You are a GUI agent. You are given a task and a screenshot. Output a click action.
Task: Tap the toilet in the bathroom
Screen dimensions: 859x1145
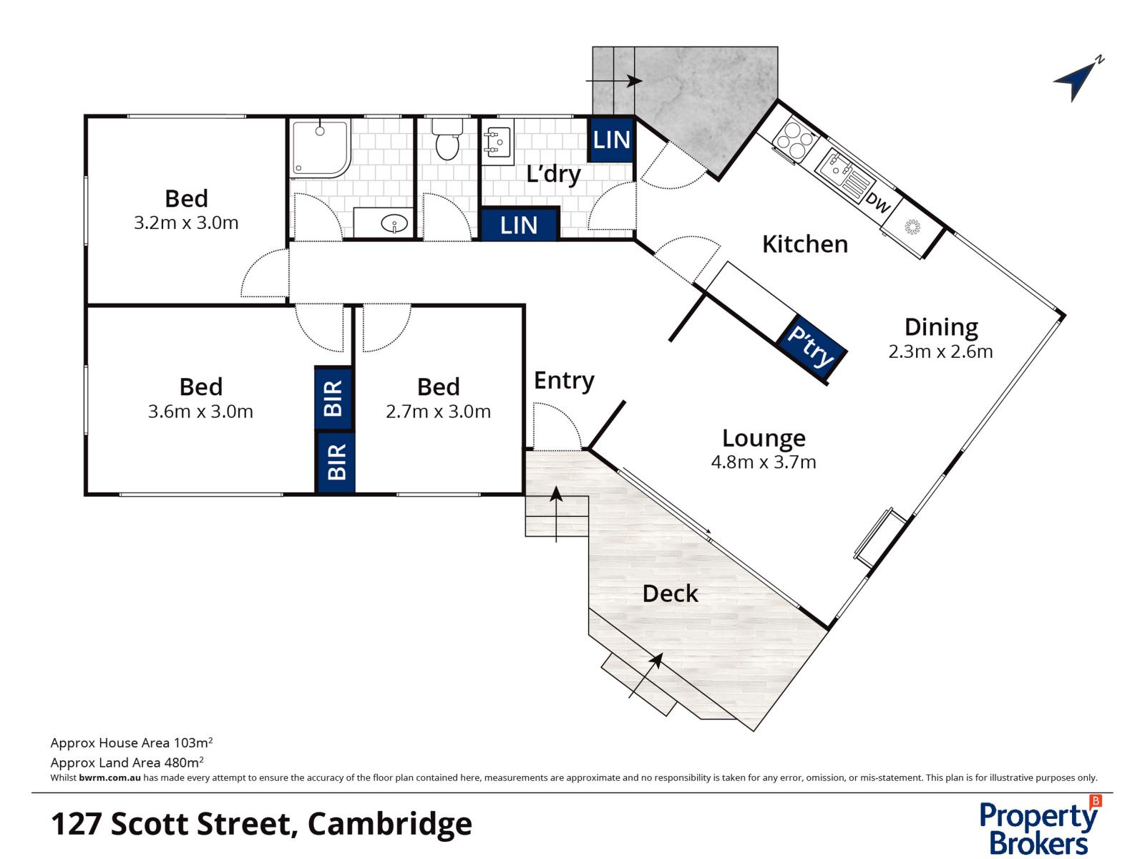pyautogui.click(x=447, y=140)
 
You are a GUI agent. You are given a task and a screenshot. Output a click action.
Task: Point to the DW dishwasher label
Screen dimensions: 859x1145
pyautogui.click(x=878, y=203)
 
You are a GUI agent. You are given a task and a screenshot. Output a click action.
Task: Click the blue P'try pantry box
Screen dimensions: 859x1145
pyautogui.click(x=812, y=346)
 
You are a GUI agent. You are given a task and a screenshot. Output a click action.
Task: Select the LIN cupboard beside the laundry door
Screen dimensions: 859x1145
pyautogui.click(x=611, y=140)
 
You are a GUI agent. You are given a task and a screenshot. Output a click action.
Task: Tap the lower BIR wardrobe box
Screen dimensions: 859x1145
pyautogui.click(x=336, y=462)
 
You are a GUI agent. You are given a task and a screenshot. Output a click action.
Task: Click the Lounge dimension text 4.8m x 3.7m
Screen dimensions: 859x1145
pyautogui.click(x=763, y=462)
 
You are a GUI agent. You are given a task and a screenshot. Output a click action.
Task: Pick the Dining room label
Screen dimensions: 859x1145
pyautogui.click(x=940, y=327)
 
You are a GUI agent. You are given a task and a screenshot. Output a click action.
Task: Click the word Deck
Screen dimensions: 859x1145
pyautogui.click(x=670, y=593)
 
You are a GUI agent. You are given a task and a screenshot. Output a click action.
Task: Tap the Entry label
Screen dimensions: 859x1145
pyautogui.click(x=564, y=381)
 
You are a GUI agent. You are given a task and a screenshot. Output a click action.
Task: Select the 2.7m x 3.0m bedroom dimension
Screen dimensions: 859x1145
pyautogui.click(x=438, y=412)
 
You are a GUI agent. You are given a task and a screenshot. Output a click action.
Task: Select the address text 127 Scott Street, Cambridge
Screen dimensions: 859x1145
pyautogui.click(x=261, y=824)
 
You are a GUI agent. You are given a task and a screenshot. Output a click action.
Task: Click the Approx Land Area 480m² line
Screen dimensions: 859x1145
pyautogui.click(x=127, y=762)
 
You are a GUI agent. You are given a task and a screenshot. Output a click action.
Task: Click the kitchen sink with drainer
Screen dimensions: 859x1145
pyautogui.click(x=842, y=173)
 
